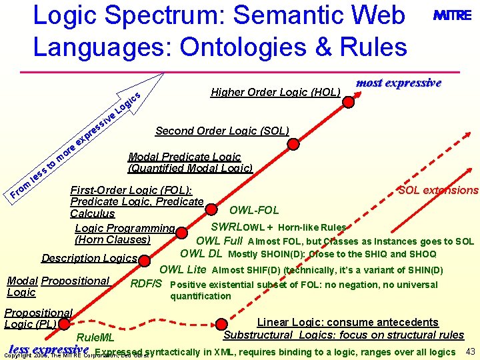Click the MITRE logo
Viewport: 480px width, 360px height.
tap(453, 16)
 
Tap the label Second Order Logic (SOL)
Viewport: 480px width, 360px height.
tap(222, 131)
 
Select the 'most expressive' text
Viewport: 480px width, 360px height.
tap(399, 83)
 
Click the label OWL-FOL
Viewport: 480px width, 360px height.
tap(254, 211)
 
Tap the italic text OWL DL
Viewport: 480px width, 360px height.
tap(201, 254)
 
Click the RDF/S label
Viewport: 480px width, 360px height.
tap(146, 284)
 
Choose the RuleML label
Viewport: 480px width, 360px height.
tap(96, 337)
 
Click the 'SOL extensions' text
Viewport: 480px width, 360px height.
tap(438, 191)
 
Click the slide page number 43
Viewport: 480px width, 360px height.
tap(470, 351)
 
